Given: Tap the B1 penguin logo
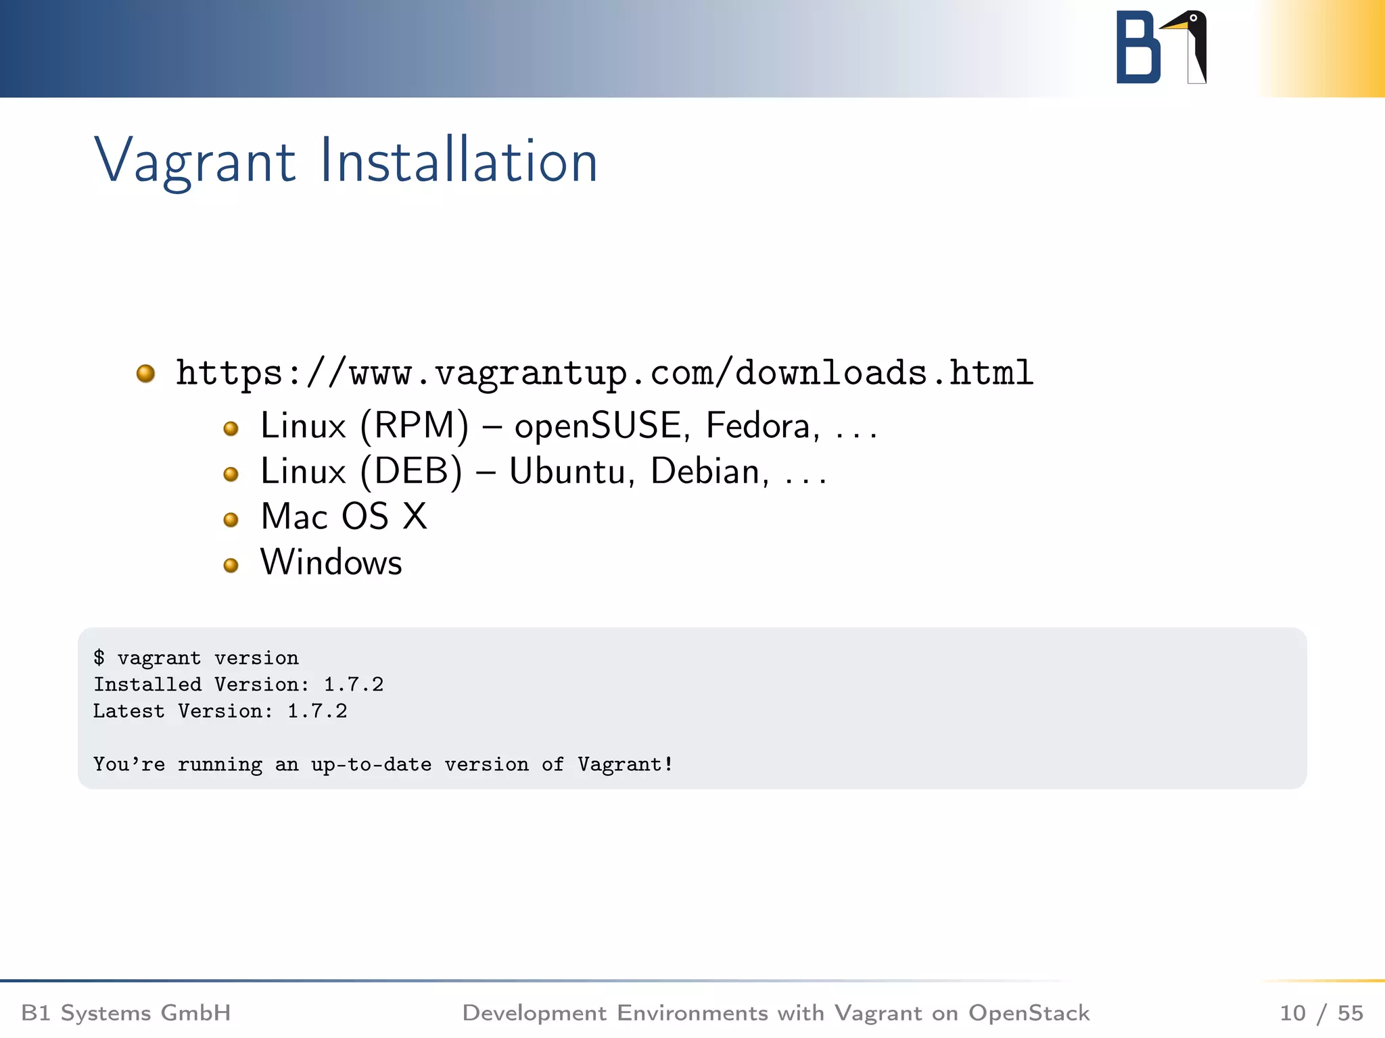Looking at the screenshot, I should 1160,47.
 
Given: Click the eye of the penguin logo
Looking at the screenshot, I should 1194,18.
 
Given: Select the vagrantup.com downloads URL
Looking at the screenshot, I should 605,373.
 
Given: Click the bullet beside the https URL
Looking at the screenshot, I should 145,373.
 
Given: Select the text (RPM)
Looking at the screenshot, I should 414,426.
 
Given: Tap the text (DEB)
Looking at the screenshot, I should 411,472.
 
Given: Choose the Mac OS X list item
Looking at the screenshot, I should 344,517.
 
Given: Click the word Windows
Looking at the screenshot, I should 331,562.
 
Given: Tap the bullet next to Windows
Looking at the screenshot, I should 231,565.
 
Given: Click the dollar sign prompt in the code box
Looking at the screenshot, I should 99,658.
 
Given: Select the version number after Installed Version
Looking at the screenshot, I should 353,685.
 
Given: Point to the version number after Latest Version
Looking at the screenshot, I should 316,711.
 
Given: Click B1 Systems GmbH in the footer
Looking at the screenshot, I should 126,1013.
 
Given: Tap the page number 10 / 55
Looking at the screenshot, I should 1321,1013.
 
